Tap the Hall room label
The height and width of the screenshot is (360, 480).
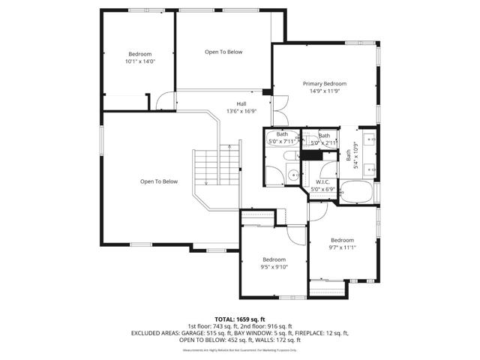[x=241, y=103]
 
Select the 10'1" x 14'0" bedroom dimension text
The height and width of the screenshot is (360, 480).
[x=139, y=61]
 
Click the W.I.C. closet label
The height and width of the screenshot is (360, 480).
[x=323, y=181]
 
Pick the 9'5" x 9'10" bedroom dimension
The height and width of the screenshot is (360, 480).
[x=274, y=266]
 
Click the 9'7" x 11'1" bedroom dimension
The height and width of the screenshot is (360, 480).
[x=342, y=247]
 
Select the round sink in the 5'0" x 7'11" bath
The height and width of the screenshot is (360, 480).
[x=290, y=175]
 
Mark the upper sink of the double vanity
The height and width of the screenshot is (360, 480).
[x=368, y=139]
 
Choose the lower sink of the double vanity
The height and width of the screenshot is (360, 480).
[x=368, y=168]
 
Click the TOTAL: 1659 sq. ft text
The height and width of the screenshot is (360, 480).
[x=239, y=319]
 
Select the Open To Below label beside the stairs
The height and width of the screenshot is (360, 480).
[x=159, y=181]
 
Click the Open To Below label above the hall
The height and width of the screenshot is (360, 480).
[x=223, y=52]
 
